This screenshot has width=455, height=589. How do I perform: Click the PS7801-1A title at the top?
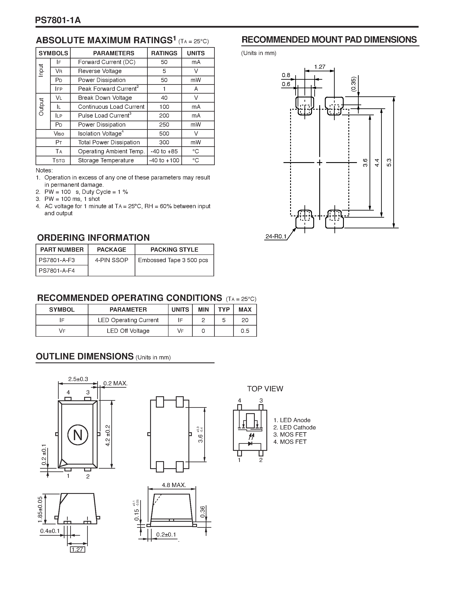[x=58, y=20]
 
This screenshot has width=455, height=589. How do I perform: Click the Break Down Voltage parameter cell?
[x=105, y=98]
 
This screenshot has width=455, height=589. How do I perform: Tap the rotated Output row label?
[x=41, y=107]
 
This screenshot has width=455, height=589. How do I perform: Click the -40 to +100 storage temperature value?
[x=164, y=160]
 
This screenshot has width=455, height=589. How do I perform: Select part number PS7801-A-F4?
[x=57, y=271]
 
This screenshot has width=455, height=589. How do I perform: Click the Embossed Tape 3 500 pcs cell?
[x=173, y=260]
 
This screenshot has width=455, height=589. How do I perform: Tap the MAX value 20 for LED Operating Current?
[x=245, y=320]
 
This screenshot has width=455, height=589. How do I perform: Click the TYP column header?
[x=224, y=310]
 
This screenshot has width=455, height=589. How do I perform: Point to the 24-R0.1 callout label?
[x=276, y=236]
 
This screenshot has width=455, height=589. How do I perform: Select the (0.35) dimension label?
[x=354, y=84]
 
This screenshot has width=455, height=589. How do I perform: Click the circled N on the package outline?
[x=78, y=435]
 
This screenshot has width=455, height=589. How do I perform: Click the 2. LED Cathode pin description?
[x=294, y=428]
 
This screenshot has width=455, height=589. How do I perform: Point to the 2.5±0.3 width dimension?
[x=78, y=379]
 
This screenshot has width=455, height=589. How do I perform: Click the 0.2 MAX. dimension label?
[x=115, y=384]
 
